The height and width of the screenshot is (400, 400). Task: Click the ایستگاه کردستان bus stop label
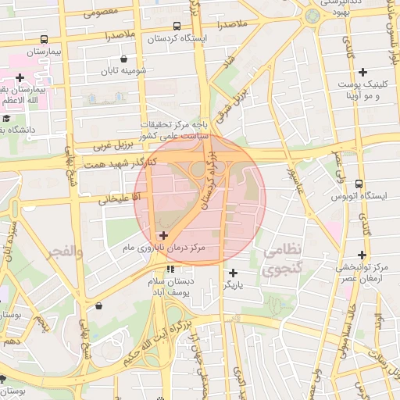point(177,37)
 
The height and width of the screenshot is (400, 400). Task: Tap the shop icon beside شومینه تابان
point(124,59)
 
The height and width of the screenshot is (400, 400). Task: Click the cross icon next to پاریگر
point(233,273)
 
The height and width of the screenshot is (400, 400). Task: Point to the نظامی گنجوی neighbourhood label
point(280,261)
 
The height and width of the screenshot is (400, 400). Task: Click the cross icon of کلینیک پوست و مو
point(362,72)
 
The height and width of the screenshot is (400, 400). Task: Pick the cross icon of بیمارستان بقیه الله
point(20,77)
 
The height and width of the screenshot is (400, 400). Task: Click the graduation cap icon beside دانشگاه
point(7,118)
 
